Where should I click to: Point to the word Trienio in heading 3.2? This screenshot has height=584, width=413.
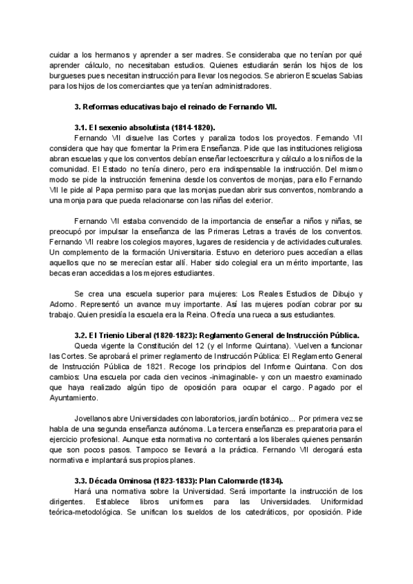(x=114, y=336)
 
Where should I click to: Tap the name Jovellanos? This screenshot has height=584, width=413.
(x=94, y=420)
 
